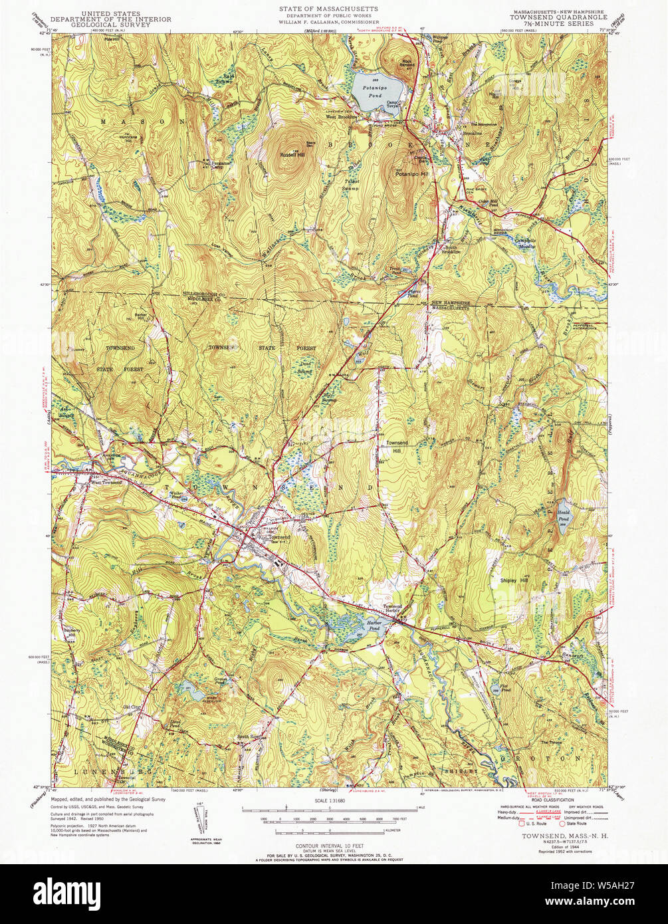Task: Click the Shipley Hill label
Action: point(514,580)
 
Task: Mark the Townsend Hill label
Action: point(390,446)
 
